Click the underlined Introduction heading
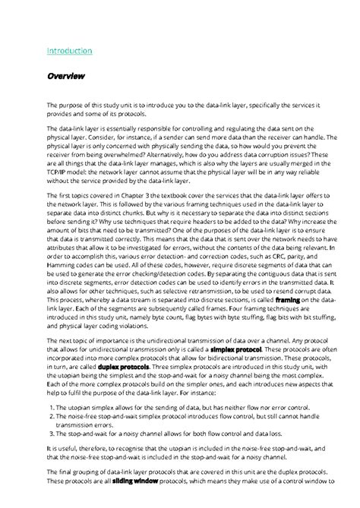coord(69,51)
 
